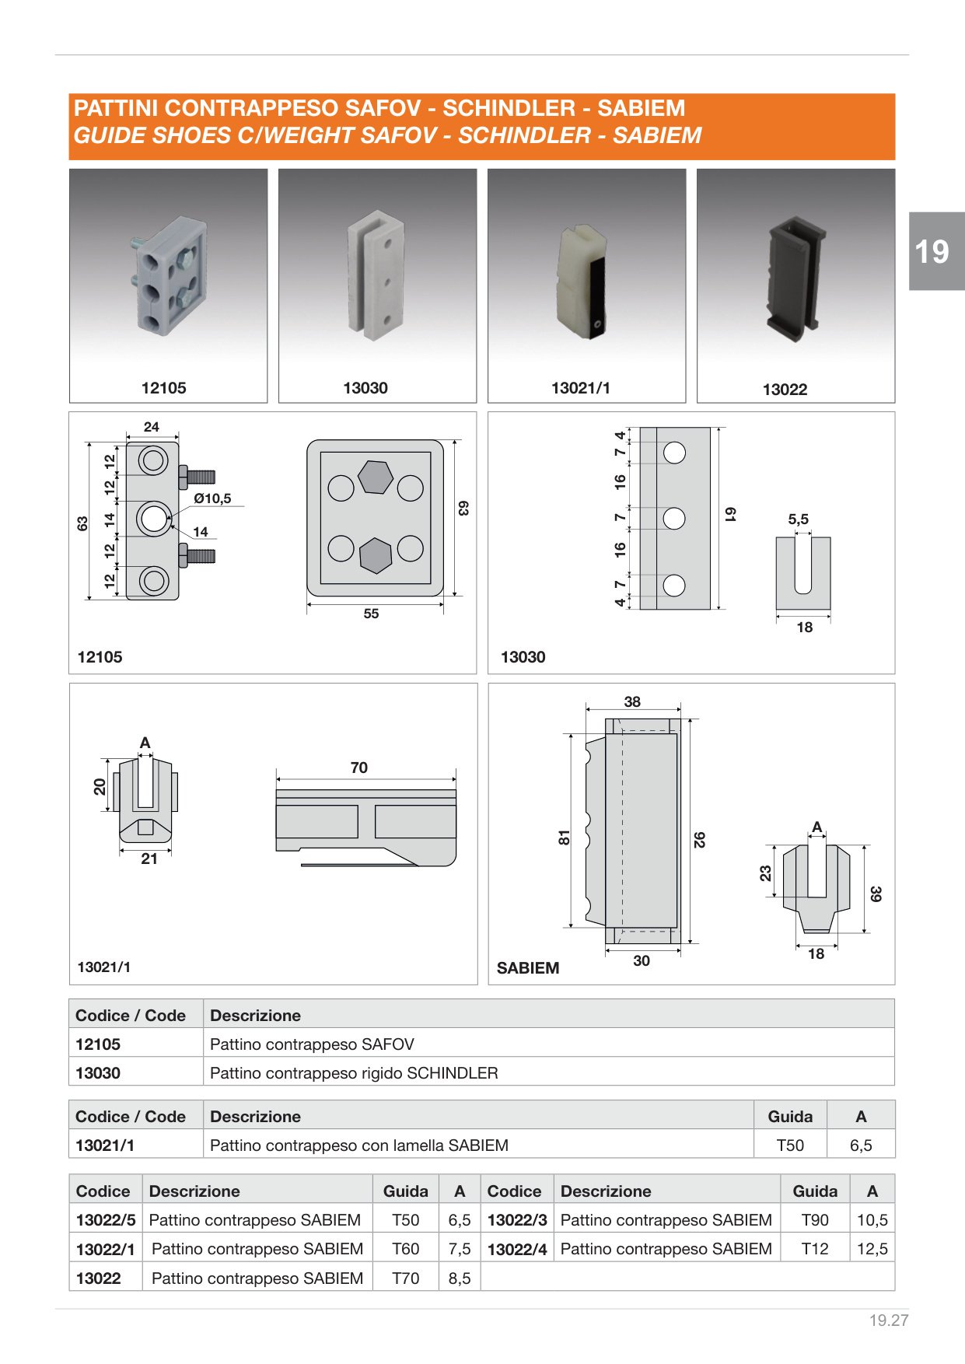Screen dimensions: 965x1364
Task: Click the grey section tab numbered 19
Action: pos(936,251)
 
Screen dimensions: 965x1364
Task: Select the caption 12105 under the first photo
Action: pos(163,388)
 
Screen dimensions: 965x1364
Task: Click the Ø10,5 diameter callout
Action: pos(212,498)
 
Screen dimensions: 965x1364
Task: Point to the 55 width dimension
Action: pos(371,614)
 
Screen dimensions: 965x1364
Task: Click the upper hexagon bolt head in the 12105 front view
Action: pos(375,477)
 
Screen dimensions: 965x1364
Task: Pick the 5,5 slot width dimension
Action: pos(799,519)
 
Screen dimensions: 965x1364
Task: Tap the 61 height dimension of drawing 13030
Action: pos(730,514)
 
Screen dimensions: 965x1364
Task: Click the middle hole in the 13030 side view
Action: pos(674,518)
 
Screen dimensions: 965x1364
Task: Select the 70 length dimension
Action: pos(358,768)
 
